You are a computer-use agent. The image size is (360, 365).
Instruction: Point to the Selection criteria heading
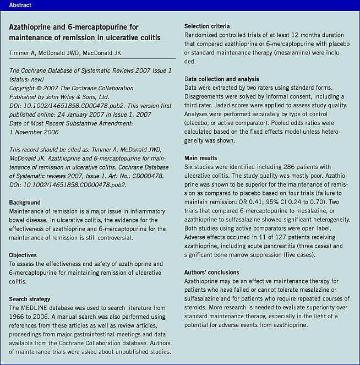[207, 26]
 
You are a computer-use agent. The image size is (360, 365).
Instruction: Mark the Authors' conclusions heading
[211, 273]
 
